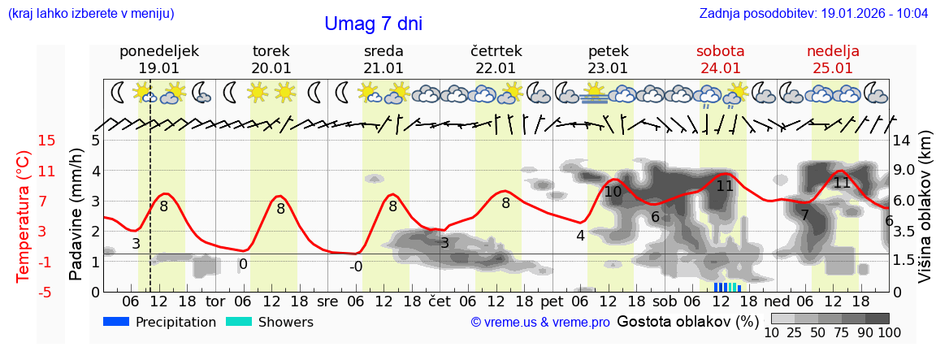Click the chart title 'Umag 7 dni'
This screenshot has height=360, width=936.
[x=373, y=24]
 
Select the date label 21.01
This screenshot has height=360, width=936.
[x=383, y=68]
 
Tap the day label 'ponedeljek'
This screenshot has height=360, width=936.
[x=158, y=51]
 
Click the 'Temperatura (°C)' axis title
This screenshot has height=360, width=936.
[x=23, y=216]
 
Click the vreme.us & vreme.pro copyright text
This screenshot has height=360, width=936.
[x=539, y=323]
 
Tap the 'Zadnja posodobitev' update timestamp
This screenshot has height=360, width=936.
[x=813, y=14]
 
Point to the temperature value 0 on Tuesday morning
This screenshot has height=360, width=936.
[x=243, y=264]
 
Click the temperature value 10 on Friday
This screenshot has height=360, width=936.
[x=613, y=192]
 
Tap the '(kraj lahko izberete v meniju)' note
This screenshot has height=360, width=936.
[x=91, y=14]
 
